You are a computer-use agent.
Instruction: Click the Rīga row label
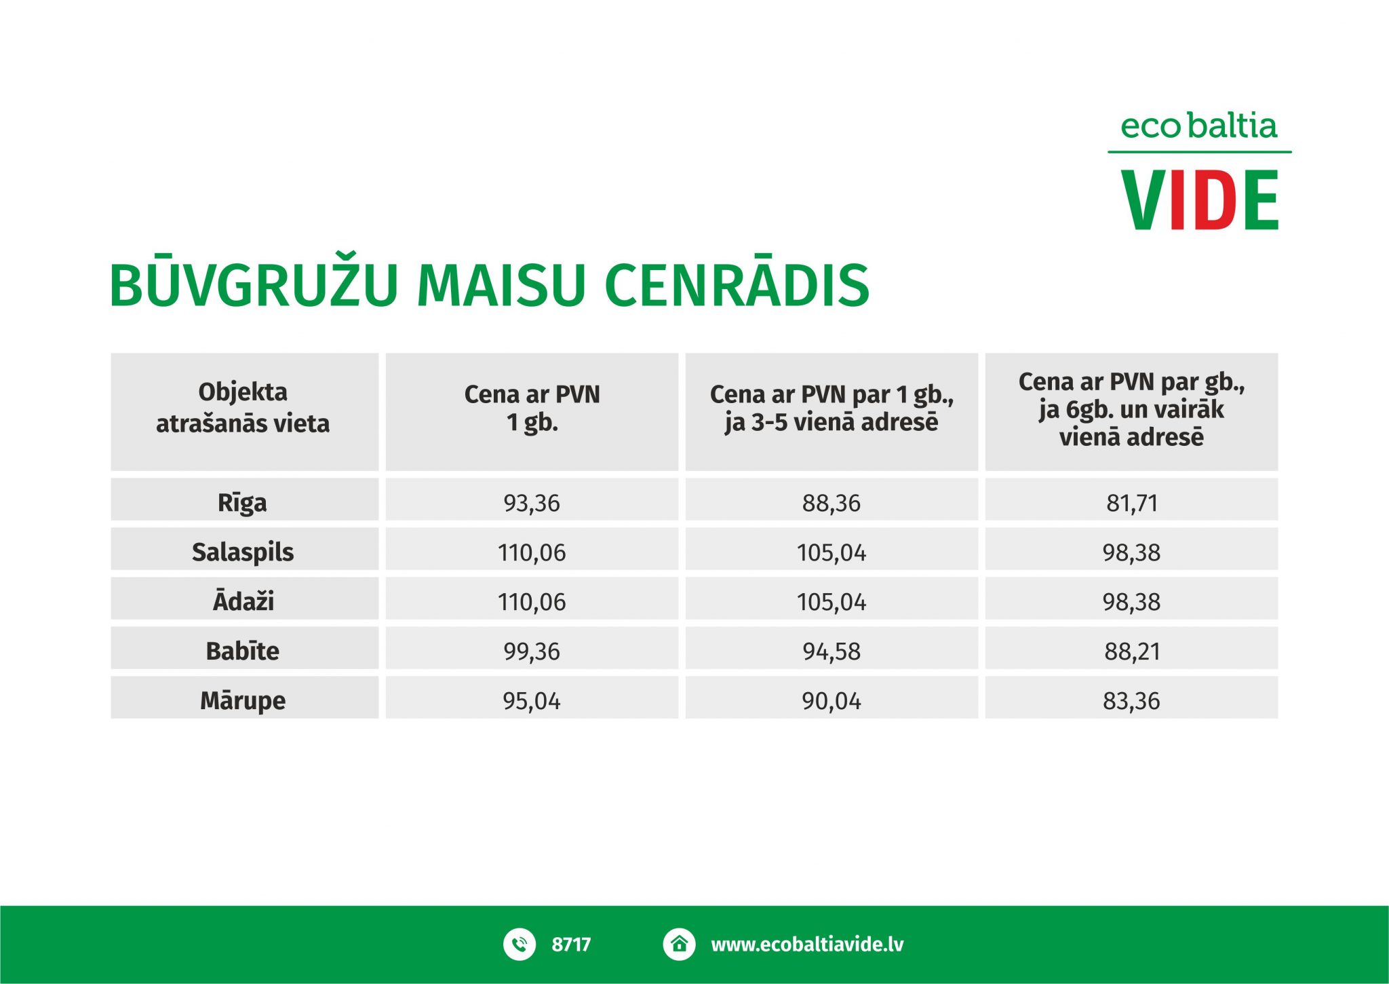(x=242, y=503)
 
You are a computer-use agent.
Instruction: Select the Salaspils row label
(x=243, y=552)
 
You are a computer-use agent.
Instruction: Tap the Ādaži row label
(x=243, y=601)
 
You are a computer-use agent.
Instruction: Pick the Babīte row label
(x=243, y=651)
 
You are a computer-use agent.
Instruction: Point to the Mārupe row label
(x=243, y=700)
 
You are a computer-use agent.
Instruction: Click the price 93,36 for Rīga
(x=532, y=504)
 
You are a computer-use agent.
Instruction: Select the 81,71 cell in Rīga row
(x=1132, y=504)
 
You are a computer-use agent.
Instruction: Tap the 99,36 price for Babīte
(x=532, y=651)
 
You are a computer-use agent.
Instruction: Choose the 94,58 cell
(x=832, y=651)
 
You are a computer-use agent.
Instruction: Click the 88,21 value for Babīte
(x=1132, y=651)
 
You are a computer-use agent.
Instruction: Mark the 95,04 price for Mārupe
(x=532, y=701)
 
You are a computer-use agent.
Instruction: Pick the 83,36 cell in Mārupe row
(x=1132, y=701)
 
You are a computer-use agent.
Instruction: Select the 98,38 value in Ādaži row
(x=1132, y=602)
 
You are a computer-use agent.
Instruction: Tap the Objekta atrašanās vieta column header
(x=243, y=407)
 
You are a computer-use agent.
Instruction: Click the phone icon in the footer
(x=520, y=944)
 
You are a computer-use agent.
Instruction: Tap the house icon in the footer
(x=679, y=944)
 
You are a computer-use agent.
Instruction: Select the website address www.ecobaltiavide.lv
(x=807, y=945)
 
